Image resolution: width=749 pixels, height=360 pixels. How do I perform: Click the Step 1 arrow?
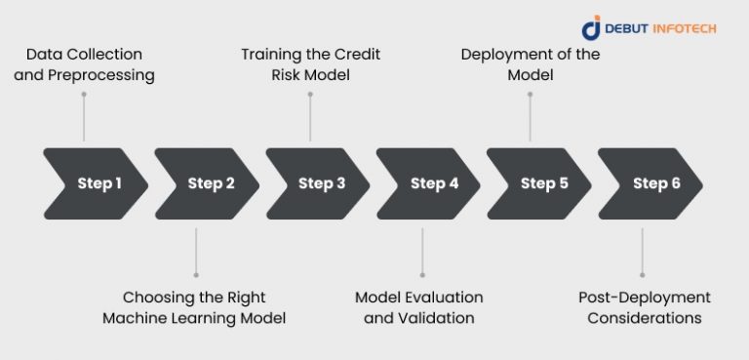pyautogui.click(x=98, y=183)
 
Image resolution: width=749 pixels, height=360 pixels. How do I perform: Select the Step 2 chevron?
pyautogui.click(x=209, y=183)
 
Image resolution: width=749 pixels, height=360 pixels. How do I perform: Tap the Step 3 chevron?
pyautogui.click(x=320, y=183)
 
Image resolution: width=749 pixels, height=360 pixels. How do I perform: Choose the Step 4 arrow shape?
pyautogui.click(x=432, y=183)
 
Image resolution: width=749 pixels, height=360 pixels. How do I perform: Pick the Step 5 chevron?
pyautogui.click(x=542, y=183)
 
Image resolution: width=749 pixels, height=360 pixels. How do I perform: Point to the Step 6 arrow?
pyautogui.click(x=653, y=183)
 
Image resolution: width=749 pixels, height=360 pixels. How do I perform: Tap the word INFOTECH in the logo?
pyautogui.click(x=680, y=28)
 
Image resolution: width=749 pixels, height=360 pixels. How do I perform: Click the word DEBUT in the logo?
pyautogui.click(x=625, y=28)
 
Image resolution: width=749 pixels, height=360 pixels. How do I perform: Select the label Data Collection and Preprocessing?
pyautogui.click(x=84, y=64)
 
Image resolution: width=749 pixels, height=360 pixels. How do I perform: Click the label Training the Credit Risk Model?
pyautogui.click(x=309, y=64)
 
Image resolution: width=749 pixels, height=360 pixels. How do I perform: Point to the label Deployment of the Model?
pyautogui.click(x=530, y=64)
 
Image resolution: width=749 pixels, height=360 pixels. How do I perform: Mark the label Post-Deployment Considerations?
pyautogui.click(x=644, y=307)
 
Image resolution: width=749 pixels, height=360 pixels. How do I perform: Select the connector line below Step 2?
pyautogui.click(x=196, y=252)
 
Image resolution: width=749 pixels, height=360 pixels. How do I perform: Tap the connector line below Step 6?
pyautogui.click(x=642, y=252)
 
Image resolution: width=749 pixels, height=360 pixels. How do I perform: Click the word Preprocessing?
pyautogui.click(x=109, y=75)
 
